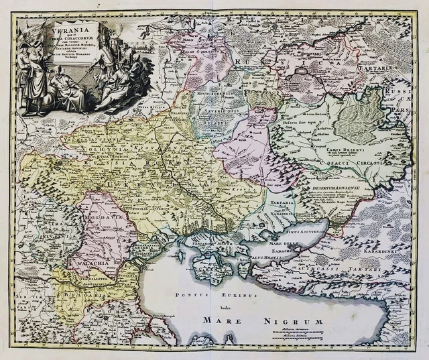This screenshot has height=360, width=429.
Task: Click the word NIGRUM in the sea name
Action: [x=300, y=322]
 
